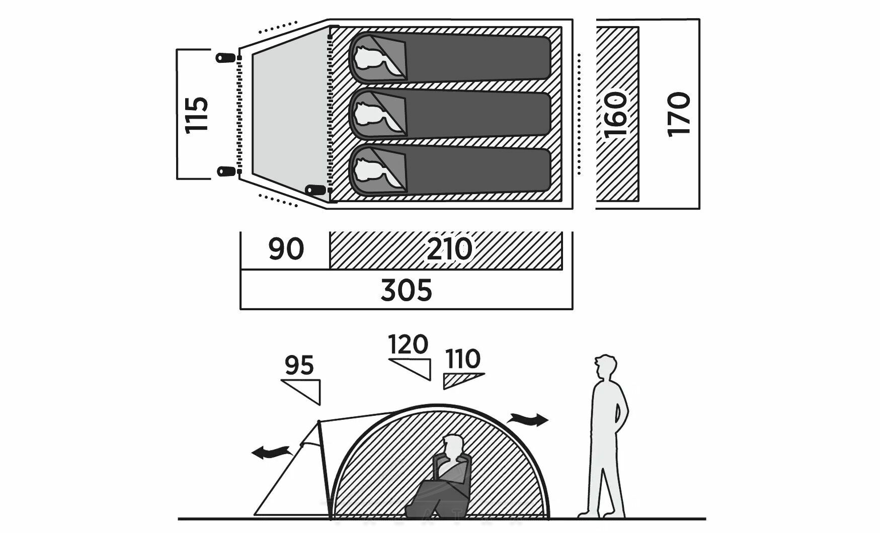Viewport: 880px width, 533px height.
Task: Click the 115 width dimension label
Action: point(197,114)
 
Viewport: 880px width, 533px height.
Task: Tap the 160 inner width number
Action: point(616,115)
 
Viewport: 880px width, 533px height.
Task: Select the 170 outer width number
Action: point(679,114)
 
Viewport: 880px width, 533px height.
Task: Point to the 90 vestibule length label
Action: point(286,249)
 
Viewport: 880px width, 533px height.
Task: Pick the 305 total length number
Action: point(406,291)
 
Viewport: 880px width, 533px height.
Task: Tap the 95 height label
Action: point(299,366)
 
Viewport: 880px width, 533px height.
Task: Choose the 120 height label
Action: point(408,345)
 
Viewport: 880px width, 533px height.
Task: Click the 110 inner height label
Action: point(462,360)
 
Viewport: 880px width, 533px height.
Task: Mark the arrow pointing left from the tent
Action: point(272,453)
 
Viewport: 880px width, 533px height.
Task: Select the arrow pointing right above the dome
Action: point(528,419)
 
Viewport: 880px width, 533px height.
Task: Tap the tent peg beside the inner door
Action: point(315,190)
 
